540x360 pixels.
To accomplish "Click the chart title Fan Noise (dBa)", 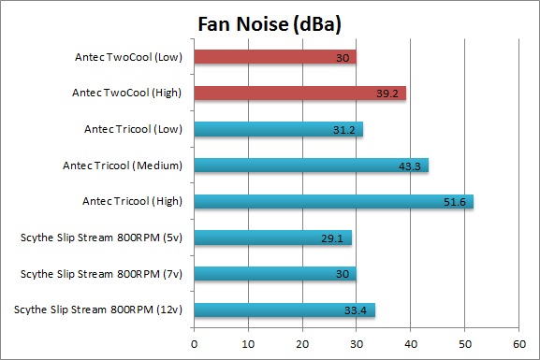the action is tap(270, 24).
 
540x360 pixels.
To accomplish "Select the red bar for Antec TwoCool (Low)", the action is tap(275, 57).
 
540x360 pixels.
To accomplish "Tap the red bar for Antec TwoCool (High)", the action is tap(300, 93).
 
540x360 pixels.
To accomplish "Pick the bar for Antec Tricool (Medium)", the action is tap(312, 166).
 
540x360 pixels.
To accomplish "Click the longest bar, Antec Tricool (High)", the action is tap(334, 201).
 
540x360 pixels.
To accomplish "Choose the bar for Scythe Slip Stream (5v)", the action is tap(272, 238).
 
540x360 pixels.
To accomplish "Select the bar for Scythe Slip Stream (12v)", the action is tap(285, 310).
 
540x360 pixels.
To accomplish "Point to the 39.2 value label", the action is tap(387, 94).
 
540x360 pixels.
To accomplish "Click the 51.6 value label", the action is tap(455, 202).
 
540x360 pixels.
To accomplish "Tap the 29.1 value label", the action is tap(332, 238).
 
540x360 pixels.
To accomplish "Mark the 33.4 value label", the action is tap(356, 310).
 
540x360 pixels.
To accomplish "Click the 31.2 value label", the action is tap(344, 130).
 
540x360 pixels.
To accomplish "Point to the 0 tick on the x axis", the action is tap(195, 344).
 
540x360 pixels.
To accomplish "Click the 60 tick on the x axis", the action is tap(519, 344).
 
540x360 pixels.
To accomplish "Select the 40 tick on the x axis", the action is tap(411, 344).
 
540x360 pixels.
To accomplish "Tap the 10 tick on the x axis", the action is tap(248, 344).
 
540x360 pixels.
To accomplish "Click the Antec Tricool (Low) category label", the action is tap(133, 129).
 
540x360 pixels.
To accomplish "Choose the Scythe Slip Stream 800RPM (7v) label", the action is tap(101, 274).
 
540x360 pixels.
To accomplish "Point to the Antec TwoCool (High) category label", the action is tap(126, 93).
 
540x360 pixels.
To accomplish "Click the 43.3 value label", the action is tap(410, 166).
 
